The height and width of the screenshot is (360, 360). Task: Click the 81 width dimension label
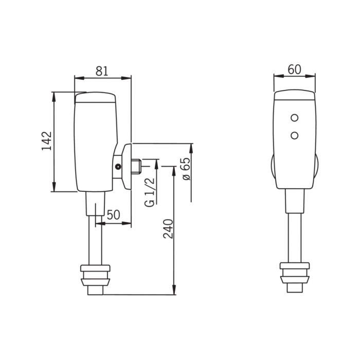point(102,71)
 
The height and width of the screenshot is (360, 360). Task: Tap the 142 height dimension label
point(47,141)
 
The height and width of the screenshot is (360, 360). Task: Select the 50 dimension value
point(114,215)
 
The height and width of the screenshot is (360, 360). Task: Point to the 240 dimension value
point(168,229)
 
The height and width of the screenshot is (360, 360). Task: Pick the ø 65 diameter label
point(186,169)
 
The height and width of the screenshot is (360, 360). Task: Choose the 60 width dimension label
point(294,69)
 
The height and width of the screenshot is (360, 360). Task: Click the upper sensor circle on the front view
point(294,118)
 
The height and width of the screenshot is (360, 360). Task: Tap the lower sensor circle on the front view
point(294,135)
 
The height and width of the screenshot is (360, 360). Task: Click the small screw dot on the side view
point(118,167)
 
